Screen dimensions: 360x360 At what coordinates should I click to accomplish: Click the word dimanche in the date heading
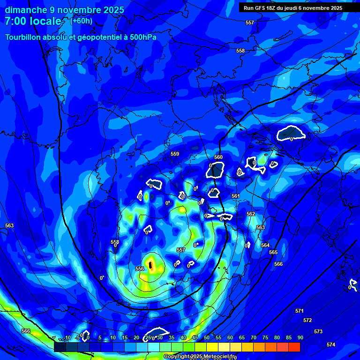(26, 10)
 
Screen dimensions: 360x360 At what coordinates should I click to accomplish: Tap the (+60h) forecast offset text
(82, 21)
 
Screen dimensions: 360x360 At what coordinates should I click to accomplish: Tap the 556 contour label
(140, 269)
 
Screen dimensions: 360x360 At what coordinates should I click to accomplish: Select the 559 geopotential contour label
(175, 154)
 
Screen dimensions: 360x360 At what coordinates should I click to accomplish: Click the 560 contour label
(218, 157)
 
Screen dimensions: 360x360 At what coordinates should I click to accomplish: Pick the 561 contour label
(236, 196)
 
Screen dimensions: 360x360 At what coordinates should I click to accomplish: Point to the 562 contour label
(251, 214)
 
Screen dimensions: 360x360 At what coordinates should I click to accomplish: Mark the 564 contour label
(265, 245)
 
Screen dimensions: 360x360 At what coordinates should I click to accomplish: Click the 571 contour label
(300, 311)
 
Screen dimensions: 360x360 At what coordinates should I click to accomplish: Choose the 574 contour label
(331, 345)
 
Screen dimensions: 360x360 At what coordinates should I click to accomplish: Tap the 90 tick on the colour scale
(300, 337)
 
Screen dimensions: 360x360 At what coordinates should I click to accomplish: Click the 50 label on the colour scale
(207, 337)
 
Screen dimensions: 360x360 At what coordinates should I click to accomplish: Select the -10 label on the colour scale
(67, 337)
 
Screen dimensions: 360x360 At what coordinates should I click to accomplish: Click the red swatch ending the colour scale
(294, 347)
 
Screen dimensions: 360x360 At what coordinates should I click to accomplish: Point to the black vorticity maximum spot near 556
(150, 265)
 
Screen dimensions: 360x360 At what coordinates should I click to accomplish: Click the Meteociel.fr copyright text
(200, 356)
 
